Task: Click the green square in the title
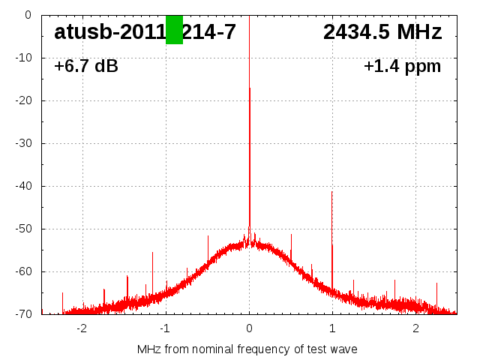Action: [x=174, y=30]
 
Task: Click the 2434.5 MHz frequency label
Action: [x=382, y=32]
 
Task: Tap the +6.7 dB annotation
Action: [x=86, y=67]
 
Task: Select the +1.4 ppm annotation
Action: [x=402, y=67]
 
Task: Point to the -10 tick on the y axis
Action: [x=25, y=58]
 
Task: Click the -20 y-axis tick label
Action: [x=25, y=100]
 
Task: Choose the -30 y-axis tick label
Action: [x=25, y=143]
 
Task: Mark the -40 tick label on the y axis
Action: [x=25, y=186]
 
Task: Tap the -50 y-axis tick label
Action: [x=25, y=229]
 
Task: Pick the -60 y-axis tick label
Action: [x=25, y=271]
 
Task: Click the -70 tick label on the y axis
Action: [x=25, y=314]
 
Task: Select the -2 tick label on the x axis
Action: [x=82, y=328]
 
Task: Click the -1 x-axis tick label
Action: [x=165, y=328]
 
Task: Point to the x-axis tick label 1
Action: [x=332, y=328]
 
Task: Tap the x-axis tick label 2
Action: [x=415, y=328]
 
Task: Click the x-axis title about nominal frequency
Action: [x=247, y=349]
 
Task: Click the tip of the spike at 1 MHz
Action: [x=331, y=192]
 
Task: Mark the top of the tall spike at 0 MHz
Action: [x=249, y=16]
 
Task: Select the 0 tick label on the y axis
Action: [x=28, y=15]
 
